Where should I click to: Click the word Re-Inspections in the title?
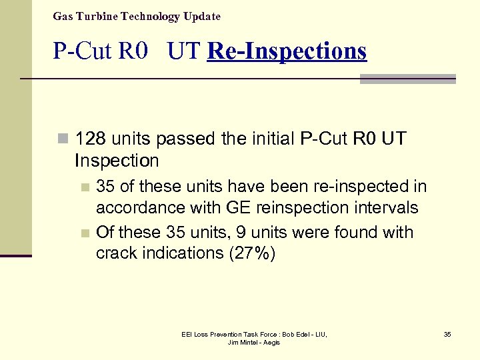click(287, 51)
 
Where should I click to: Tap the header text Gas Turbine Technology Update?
click(137, 16)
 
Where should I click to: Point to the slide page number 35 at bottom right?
click(447, 334)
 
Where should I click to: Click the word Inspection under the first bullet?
click(117, 161)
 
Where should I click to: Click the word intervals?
click(387, 208)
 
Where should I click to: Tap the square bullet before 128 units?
click(63, 139)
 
